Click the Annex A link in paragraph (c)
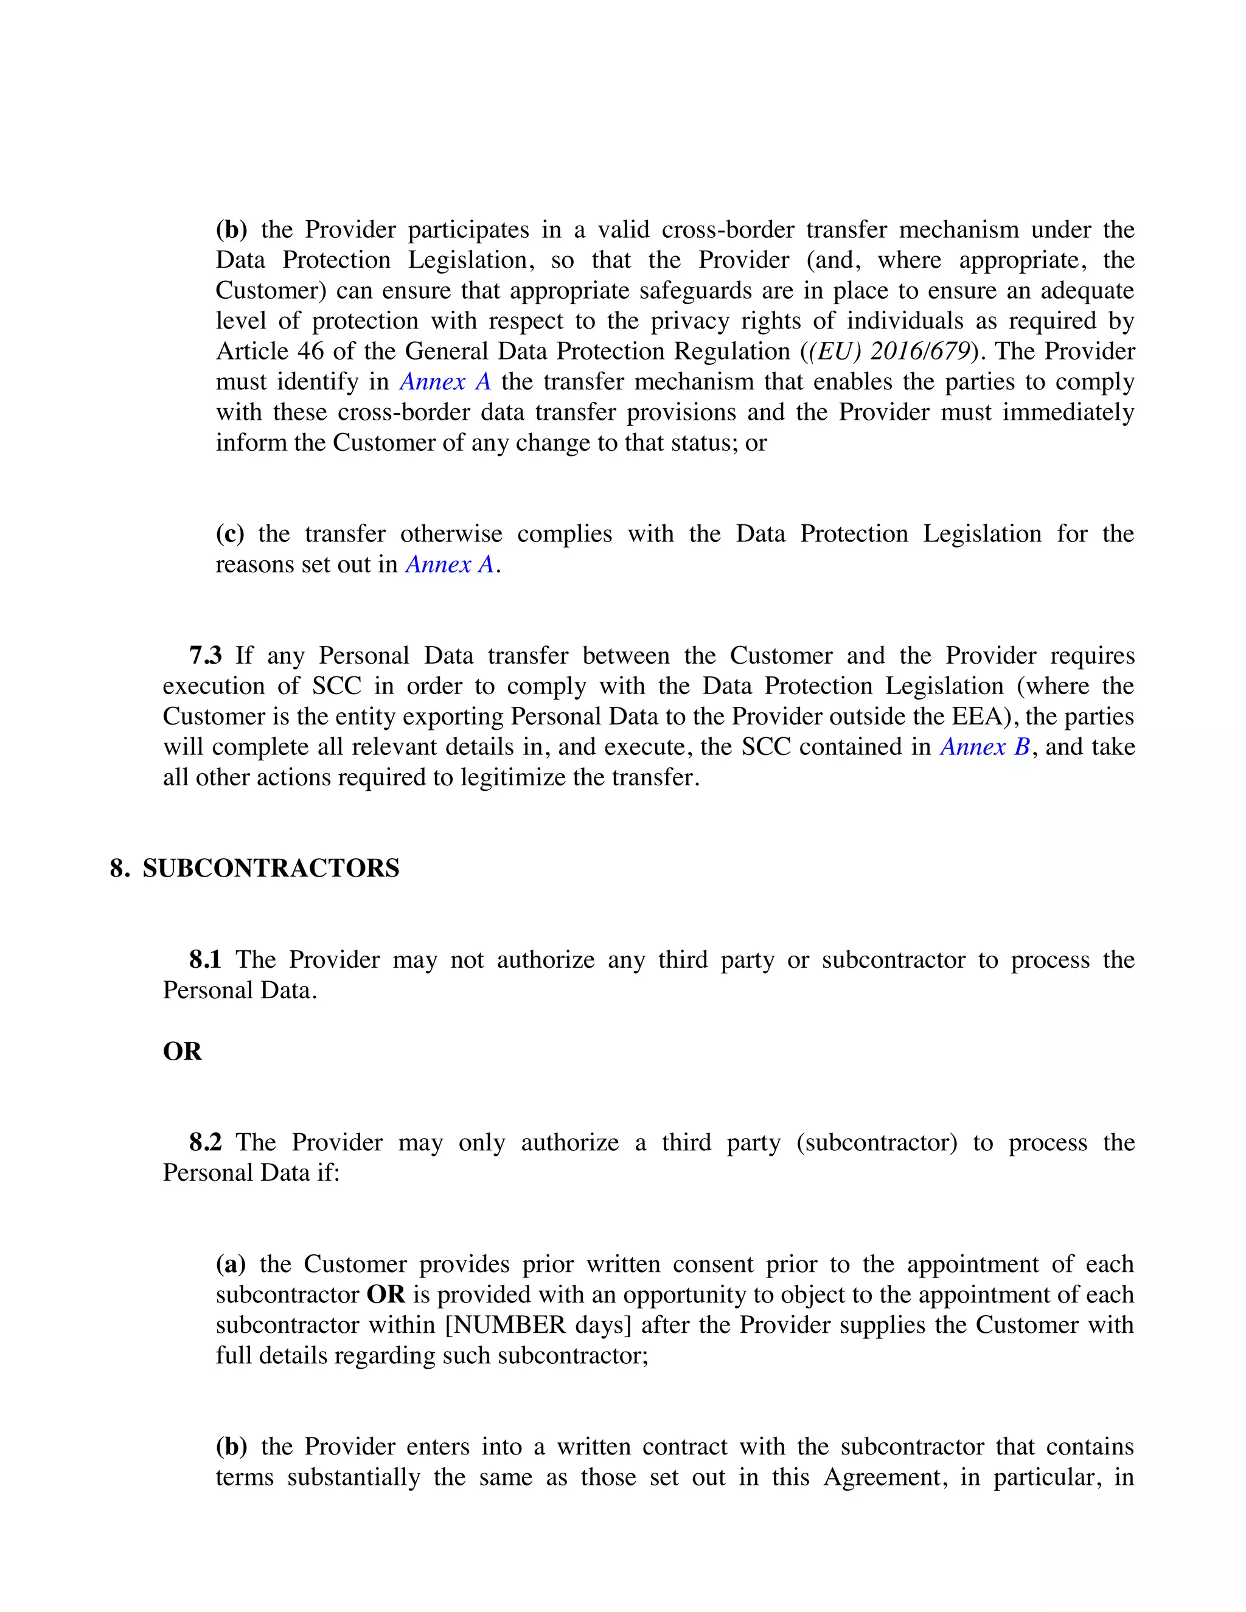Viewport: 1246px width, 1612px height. [x=450, y=565]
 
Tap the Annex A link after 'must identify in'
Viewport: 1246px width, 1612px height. [x=445, y=381]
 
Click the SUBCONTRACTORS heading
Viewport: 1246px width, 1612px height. [x=270, y=868]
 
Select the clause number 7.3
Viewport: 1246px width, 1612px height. [x=205, y=655]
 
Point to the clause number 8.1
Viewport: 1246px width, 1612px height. [x=205, y=959]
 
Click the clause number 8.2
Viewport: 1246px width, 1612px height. [x=205, y=1142]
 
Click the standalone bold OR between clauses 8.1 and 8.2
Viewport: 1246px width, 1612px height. [x=181, y=1051]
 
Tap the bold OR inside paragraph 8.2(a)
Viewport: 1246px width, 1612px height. [x=386, y=1294]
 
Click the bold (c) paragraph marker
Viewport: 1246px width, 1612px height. [x=229, y=533]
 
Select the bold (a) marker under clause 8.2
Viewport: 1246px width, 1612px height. [x=231, y=1265]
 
